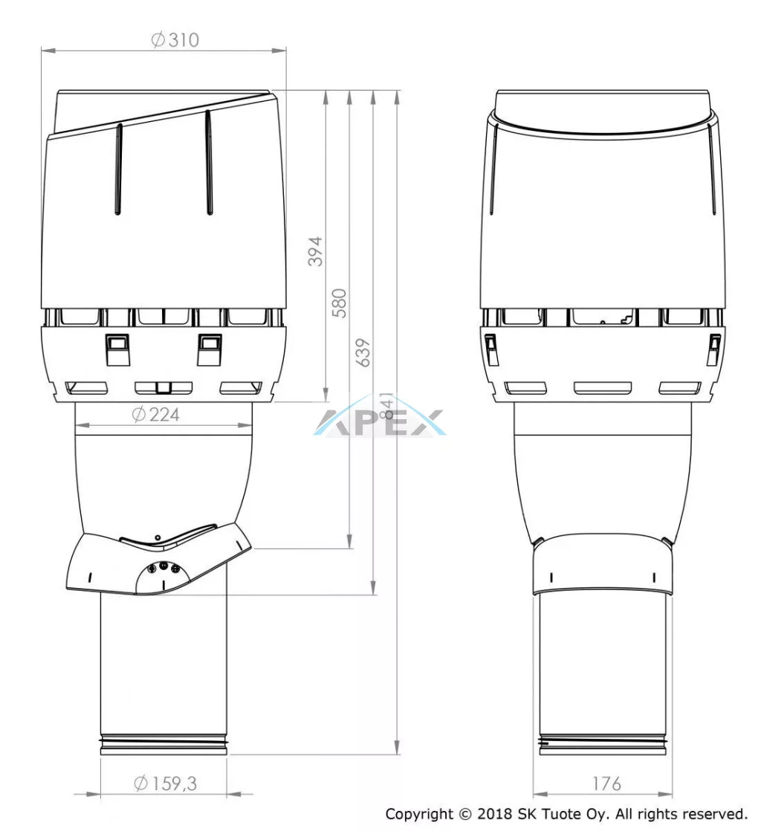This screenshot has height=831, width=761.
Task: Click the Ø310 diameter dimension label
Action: (x=175, y=39)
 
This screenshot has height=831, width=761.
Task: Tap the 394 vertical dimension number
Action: (x=315, y=251)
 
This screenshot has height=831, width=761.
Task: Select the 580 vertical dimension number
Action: (x=339, y=303)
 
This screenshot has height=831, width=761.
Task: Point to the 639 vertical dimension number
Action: (x=363, y=352)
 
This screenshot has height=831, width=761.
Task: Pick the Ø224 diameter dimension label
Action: (x=156, y=414)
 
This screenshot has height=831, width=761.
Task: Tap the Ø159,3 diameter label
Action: (x=165, y=783)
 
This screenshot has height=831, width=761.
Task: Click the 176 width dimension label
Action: (x=606, y=783)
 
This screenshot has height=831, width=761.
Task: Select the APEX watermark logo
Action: (x=380, y=417)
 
